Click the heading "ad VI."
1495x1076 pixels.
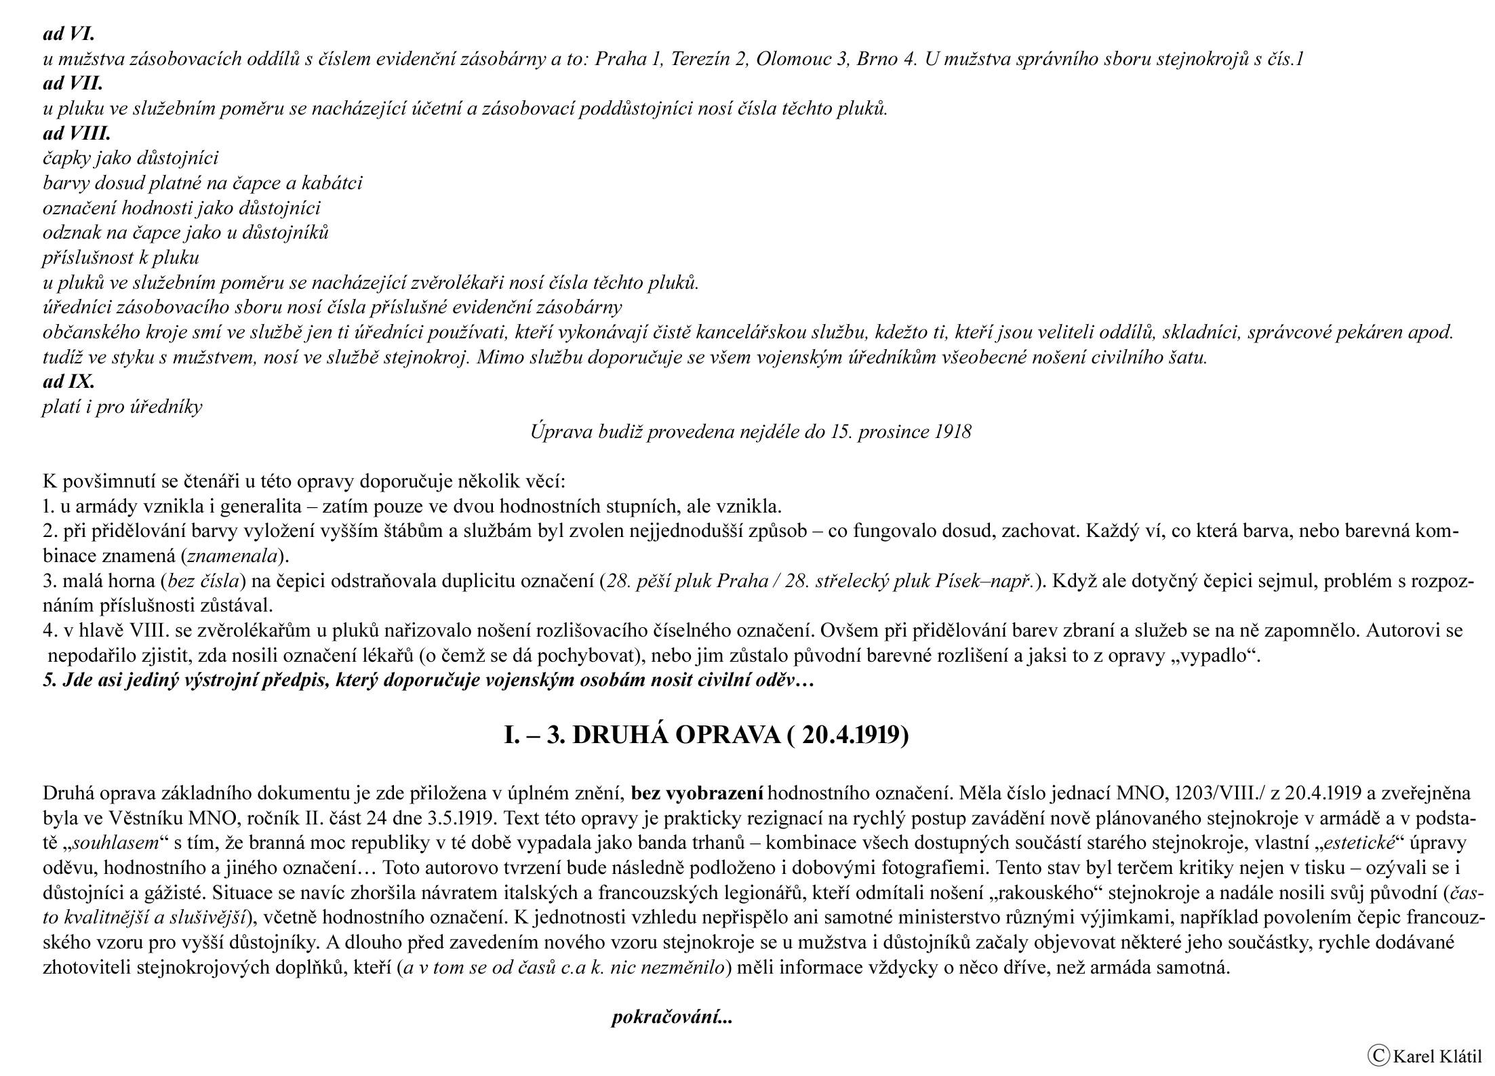point(68,33)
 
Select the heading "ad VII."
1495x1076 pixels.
point(73,83)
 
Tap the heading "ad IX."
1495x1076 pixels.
point(68,382)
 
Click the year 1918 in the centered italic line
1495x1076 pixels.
point(953,432)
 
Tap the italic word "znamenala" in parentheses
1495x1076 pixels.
point(232,557)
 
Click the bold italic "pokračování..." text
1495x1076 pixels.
point(672,1018)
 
